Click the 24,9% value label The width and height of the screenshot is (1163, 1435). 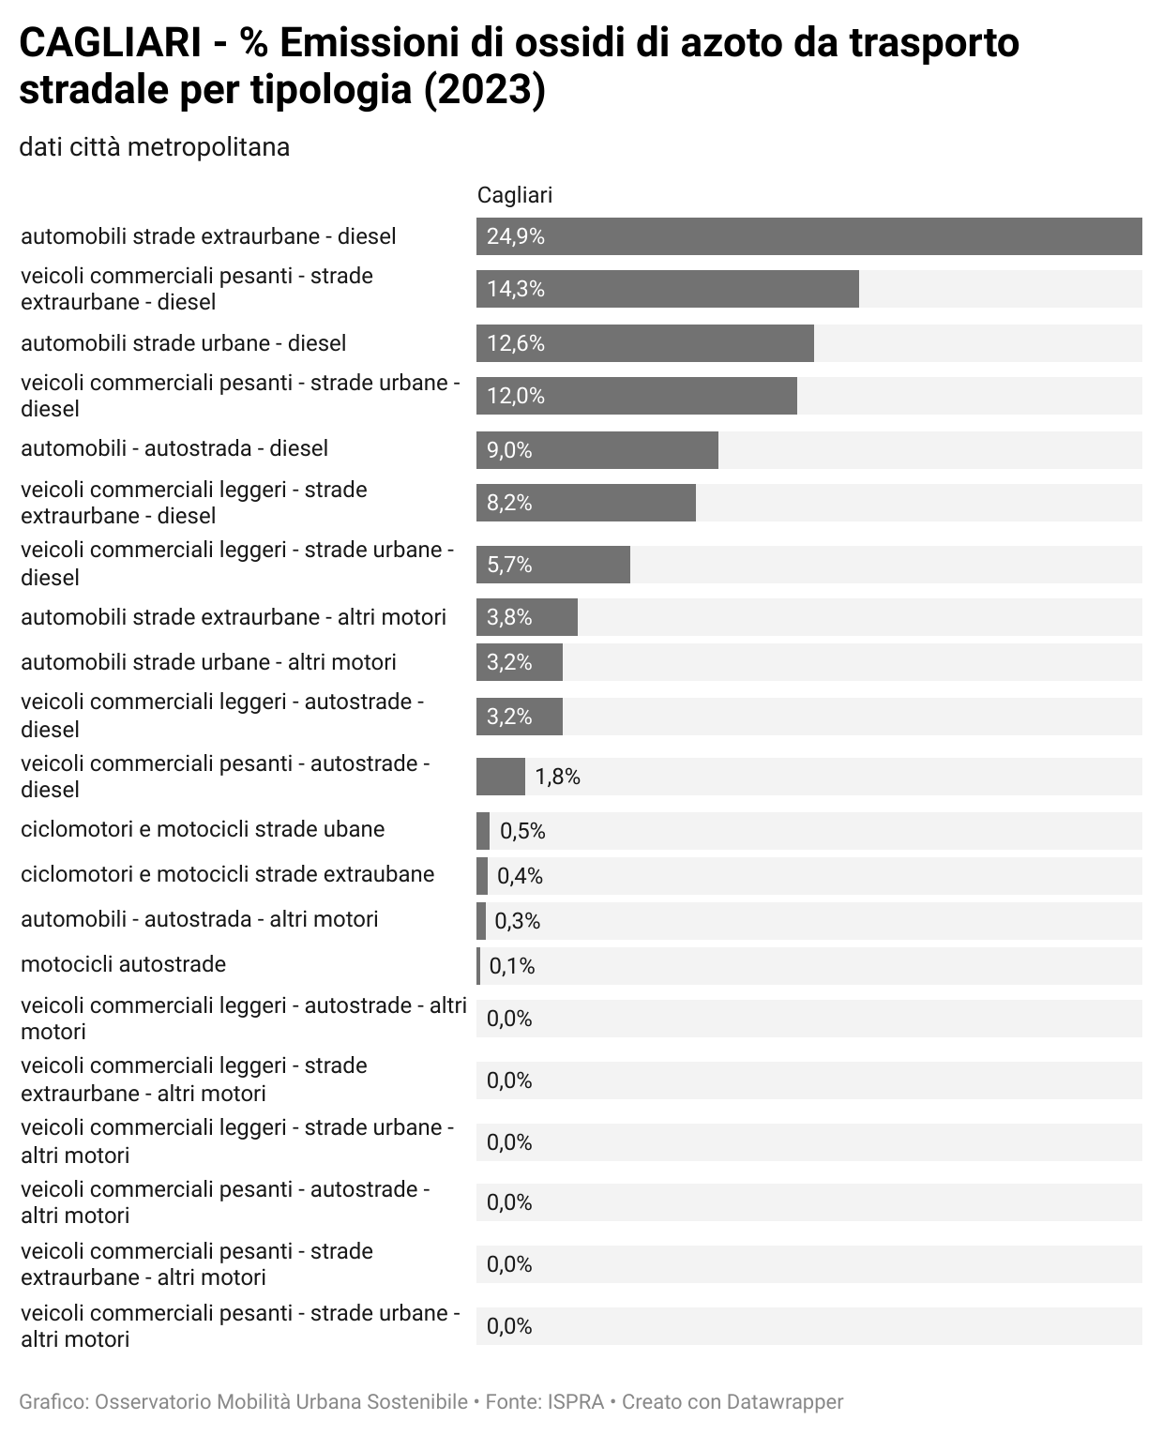click(x=516, y=236)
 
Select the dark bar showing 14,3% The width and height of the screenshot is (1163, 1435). click(x=667, y=289)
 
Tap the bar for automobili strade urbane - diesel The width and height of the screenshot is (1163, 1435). click(x=644, y=343)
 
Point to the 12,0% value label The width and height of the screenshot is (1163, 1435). click(x=516, y=396)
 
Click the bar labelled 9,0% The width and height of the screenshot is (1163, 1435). click(x=597, y=450)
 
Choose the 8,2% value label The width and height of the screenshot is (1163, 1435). click(x=509, y=503)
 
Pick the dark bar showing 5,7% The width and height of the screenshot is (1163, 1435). click(x=552, y=565)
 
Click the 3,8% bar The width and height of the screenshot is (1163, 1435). click(x=526, y=617)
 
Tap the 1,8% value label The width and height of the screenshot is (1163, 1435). click(x=557, y=777)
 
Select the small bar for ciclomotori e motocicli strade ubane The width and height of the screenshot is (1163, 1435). click(x=483, y=831)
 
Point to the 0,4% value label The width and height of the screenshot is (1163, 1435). click(x=520, y=876)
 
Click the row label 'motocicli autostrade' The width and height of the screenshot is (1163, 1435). click(x=123, y=964)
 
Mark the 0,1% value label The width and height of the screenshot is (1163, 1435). click(x=512, y=966)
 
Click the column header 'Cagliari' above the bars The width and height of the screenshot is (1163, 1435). click(x=515, y=195)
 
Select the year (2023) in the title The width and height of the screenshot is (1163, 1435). click(x=484, y=91)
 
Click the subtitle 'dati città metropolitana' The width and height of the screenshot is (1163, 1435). click(x=154, y=147)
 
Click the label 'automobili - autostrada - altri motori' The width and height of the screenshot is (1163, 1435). click(x=199, y=919)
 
